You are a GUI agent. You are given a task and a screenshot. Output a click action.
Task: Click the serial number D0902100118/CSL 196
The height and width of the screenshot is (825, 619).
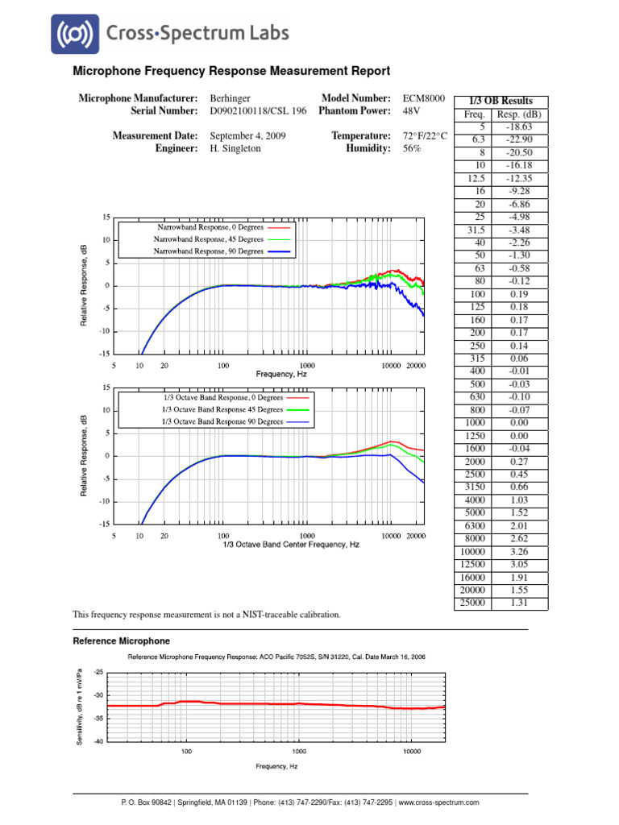point(258,111)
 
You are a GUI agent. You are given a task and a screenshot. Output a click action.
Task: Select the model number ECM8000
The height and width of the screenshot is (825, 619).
point(423,97)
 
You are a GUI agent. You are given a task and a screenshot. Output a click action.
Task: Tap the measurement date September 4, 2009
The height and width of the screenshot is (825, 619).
point(247,136)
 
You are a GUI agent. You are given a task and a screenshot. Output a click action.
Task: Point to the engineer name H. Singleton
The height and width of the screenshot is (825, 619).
point(235,149)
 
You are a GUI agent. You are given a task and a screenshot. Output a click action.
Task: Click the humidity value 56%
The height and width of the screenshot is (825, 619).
point(412,149)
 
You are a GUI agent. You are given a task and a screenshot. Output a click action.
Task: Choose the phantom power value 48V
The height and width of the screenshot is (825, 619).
point(412,111)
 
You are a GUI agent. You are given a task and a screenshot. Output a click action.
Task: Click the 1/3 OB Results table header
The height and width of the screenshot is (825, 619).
point(501,101)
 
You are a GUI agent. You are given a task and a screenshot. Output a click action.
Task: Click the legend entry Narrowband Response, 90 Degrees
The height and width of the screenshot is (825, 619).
point(209,251)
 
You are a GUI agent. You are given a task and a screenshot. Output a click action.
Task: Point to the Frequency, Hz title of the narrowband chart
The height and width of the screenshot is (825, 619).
point(281,374)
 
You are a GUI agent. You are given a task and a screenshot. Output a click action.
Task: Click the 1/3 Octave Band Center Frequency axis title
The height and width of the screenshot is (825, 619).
point(291,545)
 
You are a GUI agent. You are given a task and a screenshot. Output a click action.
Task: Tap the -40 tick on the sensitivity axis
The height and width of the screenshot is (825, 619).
point(98,741)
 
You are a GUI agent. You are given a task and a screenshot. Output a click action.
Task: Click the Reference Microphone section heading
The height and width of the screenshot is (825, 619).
point(122,641)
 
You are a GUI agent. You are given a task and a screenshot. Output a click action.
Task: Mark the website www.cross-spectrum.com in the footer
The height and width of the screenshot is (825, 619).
point(439,802)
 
